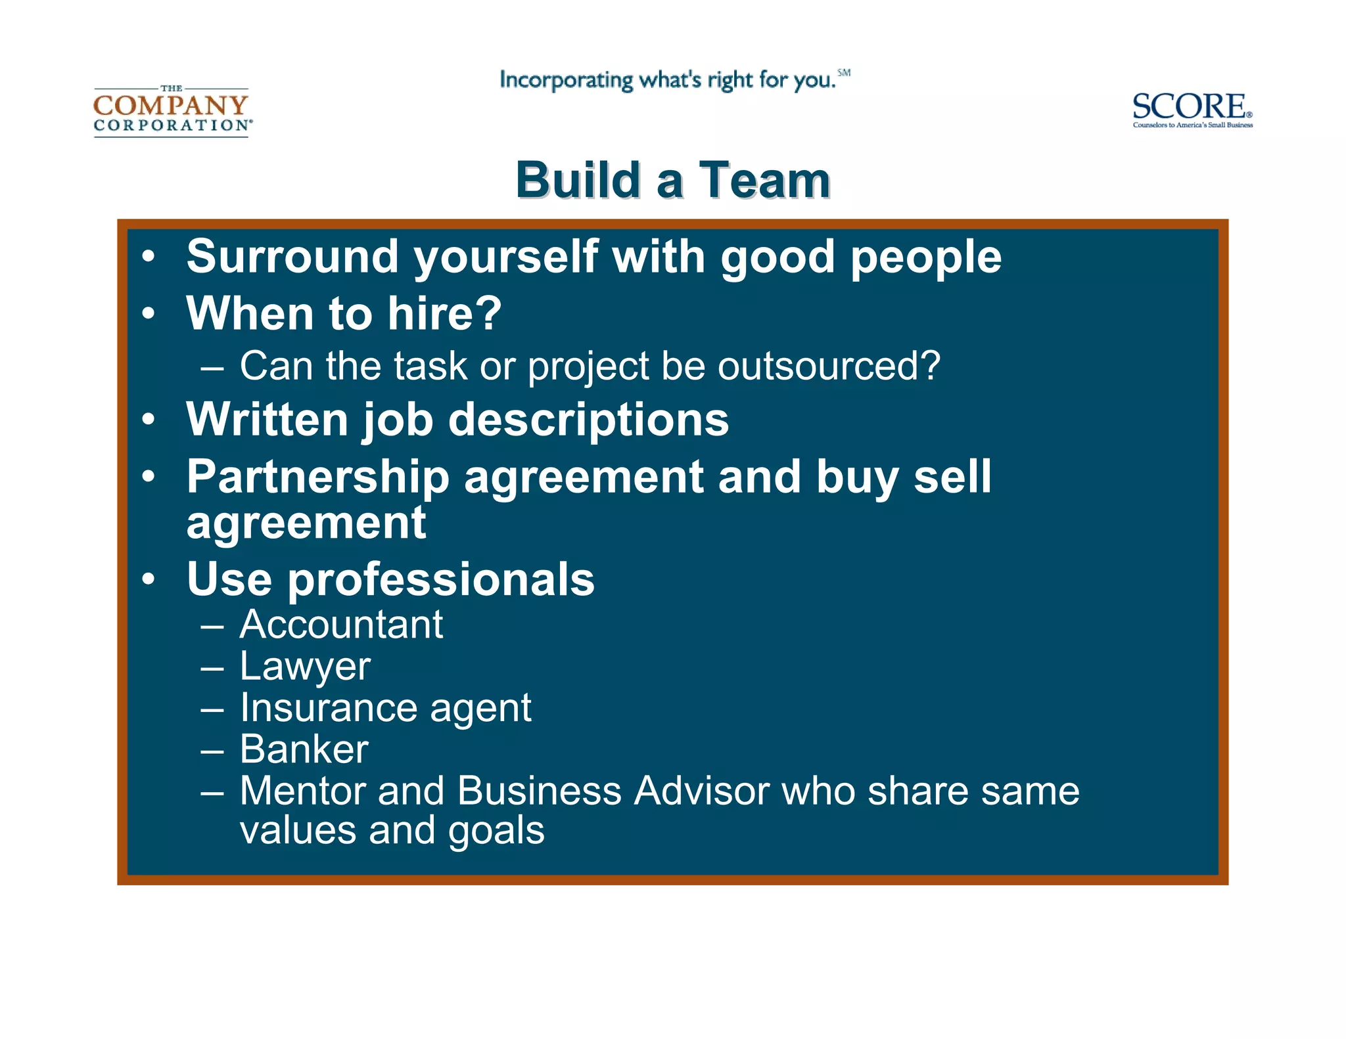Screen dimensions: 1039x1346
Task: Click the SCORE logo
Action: click(1192, 109)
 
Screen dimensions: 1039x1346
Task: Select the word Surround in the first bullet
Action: click(292, 256)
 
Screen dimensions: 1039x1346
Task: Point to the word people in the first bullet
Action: click(926, 257)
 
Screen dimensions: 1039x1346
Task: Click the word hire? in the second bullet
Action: click(444, 313)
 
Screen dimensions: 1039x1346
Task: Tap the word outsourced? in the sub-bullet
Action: click(829, 366)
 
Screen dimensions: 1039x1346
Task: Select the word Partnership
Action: click(317, 477)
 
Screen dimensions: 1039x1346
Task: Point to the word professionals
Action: click(441, 580)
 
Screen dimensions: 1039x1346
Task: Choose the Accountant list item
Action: click(341, 624)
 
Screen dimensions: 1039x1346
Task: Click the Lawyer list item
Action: click(305, 667)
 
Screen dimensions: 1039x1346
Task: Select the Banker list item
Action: click(304, 749)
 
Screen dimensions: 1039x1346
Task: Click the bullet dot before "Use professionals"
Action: click(149, 579)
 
